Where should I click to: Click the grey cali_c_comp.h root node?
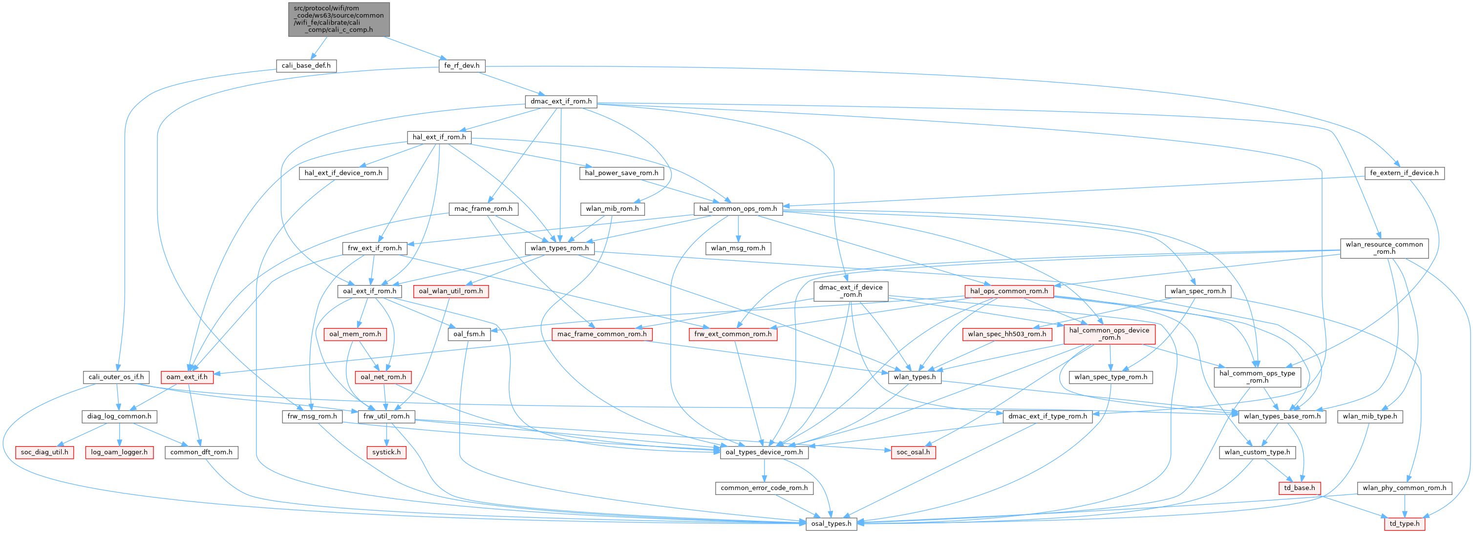(339, 20)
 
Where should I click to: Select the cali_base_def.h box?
(306, 66)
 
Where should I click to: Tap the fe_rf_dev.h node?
(462, 66)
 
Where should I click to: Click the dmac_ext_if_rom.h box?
(561, 102)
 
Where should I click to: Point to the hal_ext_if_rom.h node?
(439, 137)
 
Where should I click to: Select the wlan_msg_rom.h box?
(738, 248)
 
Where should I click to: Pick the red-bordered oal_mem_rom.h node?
(355, 334)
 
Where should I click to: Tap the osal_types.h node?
(831, 524)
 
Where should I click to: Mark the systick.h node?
(386, 452)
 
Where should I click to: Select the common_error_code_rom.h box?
(764, 489)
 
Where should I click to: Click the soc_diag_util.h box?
(44, 452)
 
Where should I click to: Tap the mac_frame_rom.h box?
(483, 209)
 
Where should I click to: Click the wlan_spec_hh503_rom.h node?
(1006, 334)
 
